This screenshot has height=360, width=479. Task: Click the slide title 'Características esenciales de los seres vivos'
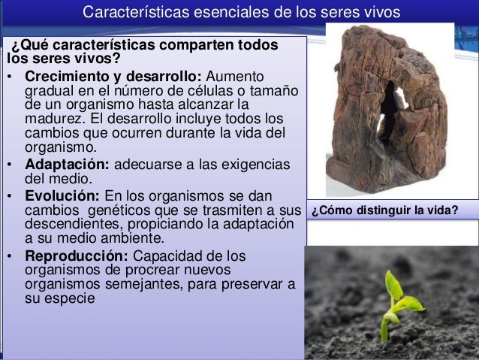[x=241, y=13]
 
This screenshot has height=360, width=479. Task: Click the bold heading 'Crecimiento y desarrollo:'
[x=113, y=77]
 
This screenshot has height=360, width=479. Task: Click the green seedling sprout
[x=399, y=300]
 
